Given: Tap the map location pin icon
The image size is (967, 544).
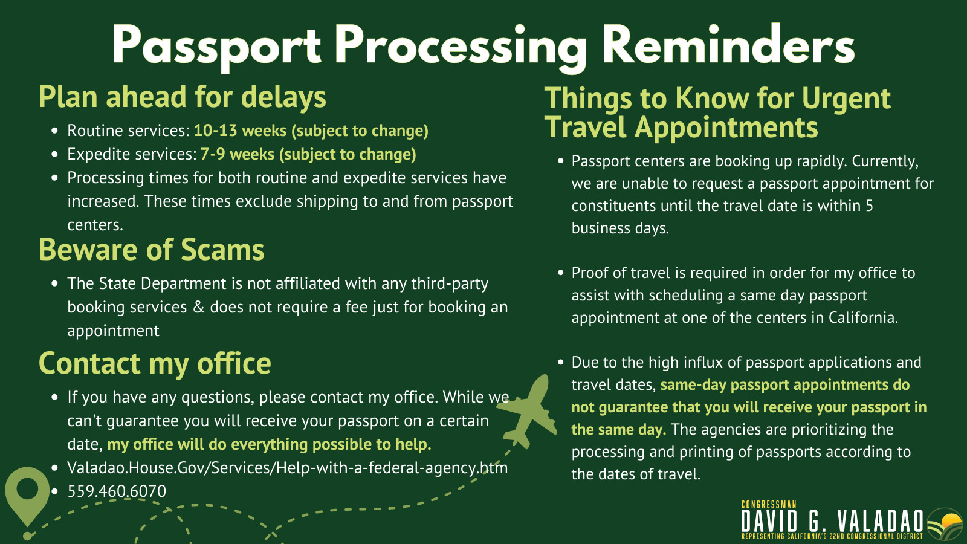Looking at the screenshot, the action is (27, 496).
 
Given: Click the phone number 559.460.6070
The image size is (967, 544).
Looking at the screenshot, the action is (117, 491).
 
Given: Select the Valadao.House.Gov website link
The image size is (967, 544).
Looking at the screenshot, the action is (288, 468).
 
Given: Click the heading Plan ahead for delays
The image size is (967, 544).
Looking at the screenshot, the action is (182, 97).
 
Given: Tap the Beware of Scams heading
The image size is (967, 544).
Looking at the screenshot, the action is (152, 250).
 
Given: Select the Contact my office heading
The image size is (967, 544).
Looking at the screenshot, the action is (155, 363).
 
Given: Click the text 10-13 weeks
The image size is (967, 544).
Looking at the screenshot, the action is (240, 131).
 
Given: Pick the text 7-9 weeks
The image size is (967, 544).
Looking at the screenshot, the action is (238, 154).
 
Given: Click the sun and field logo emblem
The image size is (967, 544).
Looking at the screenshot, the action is (945, 525).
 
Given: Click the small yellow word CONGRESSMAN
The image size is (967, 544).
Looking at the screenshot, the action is (768, 505).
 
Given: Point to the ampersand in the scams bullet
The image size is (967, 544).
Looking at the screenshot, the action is (198, 308).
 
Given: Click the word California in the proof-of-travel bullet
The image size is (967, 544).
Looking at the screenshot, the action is (863, 318).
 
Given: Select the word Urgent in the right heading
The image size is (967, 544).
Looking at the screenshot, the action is (846, 99).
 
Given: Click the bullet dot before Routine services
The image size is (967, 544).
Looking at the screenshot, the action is (54, 131).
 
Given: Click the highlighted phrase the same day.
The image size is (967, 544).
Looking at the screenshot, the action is (619, 430).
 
